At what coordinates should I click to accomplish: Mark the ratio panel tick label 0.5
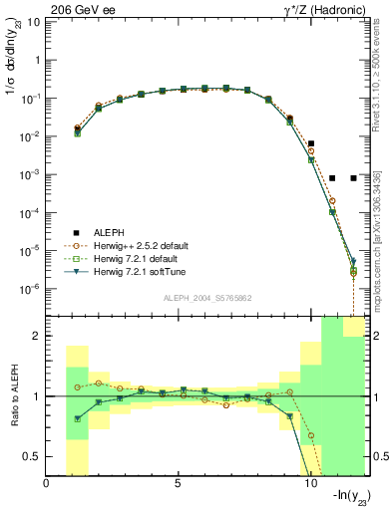point(33,456)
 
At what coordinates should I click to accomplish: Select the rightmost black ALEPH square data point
point(353,178)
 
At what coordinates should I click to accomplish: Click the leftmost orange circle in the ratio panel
point(78,386)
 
